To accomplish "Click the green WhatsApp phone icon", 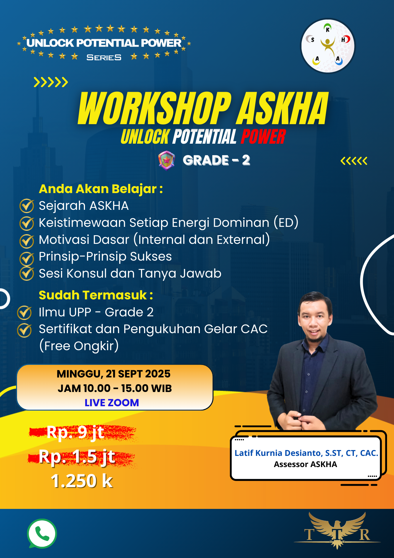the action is click(42, 533).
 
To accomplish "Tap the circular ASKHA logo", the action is click(328, 46).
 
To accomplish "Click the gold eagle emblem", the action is click(337, 530).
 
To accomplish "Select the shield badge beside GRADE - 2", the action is click(167, 160).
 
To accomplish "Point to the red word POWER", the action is click(263, 136).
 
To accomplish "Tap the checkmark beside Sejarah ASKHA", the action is click(27, 206).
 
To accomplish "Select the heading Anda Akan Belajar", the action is click(101, 189).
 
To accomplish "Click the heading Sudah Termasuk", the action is click(96, 295).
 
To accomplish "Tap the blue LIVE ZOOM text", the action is click(112, 403).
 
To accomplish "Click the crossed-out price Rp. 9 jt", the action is click(76, 432).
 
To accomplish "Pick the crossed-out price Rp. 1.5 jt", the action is click(77, 457).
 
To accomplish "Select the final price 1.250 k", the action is click(82, 481).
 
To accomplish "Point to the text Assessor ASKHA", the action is click(305, 464).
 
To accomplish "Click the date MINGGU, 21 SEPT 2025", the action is click(114, 374).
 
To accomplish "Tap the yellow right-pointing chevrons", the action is click(51, 82).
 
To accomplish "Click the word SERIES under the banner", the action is click(104, 57).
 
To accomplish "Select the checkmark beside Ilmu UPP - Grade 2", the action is click(25, 312).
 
